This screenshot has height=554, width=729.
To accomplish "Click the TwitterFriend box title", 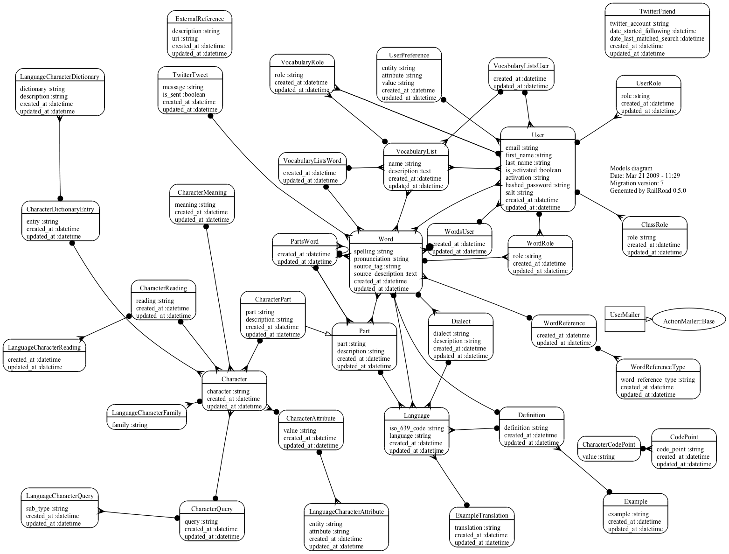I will point(657,11).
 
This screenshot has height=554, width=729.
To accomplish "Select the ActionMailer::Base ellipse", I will point(688,321).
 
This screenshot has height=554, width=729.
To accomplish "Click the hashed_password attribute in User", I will point(537,185).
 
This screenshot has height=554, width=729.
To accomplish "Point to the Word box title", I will point(385,239).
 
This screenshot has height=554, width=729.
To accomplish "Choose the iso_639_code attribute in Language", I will point(417,428).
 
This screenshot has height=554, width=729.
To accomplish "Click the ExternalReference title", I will point(200,19).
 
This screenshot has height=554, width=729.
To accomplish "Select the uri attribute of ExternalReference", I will point(185,39).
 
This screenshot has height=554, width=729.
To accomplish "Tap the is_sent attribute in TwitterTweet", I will point(184,95).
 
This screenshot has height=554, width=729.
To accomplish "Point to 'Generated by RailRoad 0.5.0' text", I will point(648,191).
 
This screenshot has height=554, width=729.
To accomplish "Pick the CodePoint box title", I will point(684,437).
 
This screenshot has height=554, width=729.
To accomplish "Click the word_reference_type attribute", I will point(658,380).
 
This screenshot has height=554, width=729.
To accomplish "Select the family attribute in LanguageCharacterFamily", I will point(130,425).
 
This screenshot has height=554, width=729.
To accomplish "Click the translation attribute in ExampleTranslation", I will point(477,528).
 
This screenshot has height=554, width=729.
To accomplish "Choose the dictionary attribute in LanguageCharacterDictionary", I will point(42,89).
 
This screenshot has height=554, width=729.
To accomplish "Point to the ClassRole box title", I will point(654,224).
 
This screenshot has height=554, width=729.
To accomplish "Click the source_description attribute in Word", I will point(385,274).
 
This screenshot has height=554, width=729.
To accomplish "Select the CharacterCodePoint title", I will point(609,444).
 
